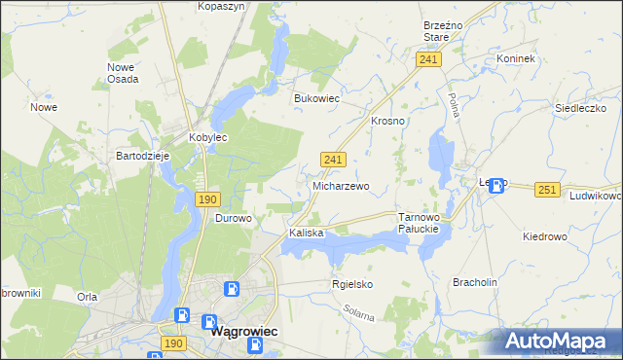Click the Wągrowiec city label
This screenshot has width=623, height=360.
[x=244, y=331]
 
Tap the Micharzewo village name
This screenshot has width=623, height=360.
[x=340, y=186]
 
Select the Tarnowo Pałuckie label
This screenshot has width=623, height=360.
[x=421, y=223]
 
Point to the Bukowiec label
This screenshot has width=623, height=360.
[x=316, y=98]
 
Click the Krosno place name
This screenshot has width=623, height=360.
[x=387, y=122]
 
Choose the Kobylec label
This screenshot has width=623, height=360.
[x=207, y=138]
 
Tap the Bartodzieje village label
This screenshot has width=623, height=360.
[x=143, y=156]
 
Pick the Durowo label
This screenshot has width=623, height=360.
[x=233, y=219]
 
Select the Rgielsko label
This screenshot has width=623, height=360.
[x=352, y=284]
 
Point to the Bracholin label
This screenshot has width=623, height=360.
[x=475, y=282]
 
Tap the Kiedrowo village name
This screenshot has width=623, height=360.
[x=544, y=236]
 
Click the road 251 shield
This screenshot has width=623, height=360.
[x=548, y=190]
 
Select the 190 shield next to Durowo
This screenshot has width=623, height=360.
[x=206, y=199]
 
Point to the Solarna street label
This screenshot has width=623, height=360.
[x=359, y=314]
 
